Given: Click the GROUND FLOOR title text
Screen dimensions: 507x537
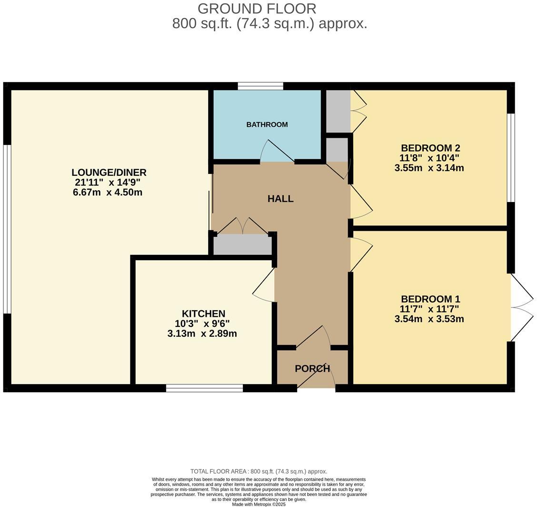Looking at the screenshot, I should [x=257, y=9].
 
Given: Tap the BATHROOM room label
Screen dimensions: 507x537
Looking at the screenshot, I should [x=267, y=124].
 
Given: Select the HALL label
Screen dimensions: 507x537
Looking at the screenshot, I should [x=280, y=199].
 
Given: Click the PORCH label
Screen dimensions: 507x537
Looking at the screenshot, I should [x=312, y=368].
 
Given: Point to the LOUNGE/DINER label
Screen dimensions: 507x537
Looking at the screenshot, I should [x=109, y=172].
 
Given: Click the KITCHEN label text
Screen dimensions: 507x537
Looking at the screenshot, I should [x=203, y=314].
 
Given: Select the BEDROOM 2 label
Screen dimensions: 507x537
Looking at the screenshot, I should [x=430, y=148].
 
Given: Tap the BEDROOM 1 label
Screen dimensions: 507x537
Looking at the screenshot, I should [x=430, y=299].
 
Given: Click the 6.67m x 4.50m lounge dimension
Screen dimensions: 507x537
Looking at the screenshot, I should [x=108, y=193].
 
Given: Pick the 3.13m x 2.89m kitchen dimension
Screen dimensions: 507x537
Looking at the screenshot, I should [x=202, y=334].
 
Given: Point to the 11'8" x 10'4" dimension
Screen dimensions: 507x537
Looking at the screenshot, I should [x=429, y=158].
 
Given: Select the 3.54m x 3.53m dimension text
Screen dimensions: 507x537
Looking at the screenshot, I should [x=429, y=319].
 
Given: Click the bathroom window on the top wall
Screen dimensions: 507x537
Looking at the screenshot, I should [x=260, y=86].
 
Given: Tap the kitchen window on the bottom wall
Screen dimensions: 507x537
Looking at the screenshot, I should [x=204, y=388].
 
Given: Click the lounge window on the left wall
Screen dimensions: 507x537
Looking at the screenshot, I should [x=7, y=229].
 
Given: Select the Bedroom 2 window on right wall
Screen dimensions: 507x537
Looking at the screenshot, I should [x=510, y=157].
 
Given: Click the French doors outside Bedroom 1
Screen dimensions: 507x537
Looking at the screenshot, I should [x=522, y=307].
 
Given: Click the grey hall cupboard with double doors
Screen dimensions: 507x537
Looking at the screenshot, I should [x=242, y=244].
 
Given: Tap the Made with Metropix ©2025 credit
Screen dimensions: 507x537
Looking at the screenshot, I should [x=259, y=504].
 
